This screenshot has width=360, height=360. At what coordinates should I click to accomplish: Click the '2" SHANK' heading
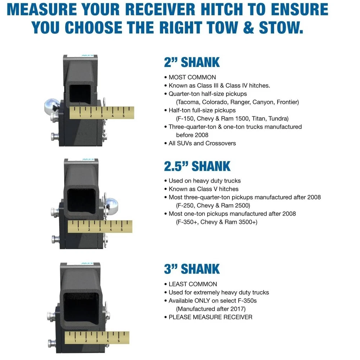[x=192, y=62]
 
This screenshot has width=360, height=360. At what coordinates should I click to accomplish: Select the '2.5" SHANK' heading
[x=197, y=166]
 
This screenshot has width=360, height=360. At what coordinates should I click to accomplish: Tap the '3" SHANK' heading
[x=192, y=269]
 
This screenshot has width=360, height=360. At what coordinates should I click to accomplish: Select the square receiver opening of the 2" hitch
[x=80, y=94]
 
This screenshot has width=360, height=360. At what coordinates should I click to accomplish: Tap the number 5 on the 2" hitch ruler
[x=123, y=116]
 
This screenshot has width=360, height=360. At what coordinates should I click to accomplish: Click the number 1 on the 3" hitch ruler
[x=75, y=341]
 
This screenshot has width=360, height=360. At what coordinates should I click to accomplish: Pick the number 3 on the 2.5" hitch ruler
[x=100, y=230]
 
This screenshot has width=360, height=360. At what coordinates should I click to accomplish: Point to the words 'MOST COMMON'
[x=192, y=77]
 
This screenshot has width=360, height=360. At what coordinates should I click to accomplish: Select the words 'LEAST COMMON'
[x=193, y=284]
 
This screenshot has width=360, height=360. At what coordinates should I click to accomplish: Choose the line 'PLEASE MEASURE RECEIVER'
[x=210, y=317]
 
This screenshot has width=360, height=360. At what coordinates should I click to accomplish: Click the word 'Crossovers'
[x=221, y=144]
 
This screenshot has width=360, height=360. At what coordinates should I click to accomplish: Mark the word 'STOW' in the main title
[x=281, y=28]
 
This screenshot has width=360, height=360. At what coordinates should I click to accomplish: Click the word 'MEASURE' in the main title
[x=42, y=9]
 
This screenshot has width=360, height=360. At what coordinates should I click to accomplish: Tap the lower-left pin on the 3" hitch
[x=52, y=343]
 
